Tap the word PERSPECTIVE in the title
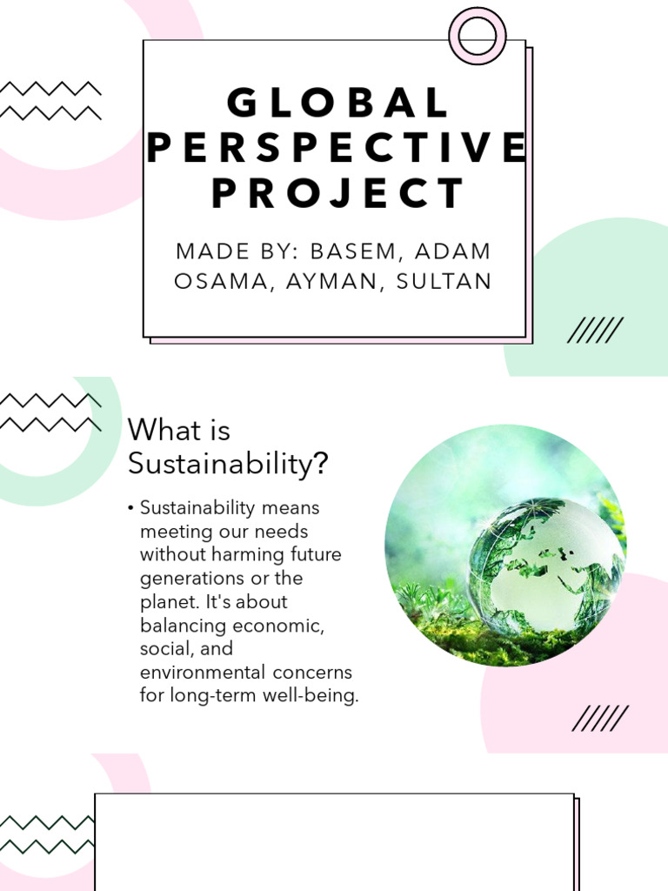337,148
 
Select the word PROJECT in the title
337,193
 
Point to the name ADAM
453,251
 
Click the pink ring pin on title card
478,36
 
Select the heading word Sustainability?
229,464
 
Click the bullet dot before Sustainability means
130,508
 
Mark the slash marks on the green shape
595,331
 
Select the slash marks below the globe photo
600,719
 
